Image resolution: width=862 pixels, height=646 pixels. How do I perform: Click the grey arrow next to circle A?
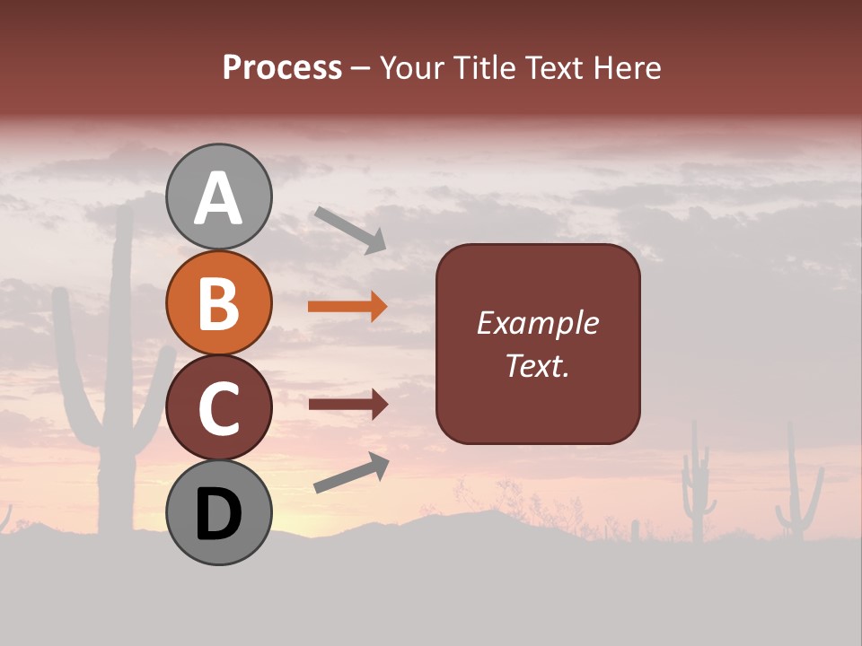point(350,229)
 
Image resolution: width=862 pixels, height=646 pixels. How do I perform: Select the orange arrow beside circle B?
point(347,307)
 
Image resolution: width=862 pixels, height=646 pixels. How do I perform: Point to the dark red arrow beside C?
point(348,404)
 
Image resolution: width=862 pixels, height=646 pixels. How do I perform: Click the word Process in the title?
point(282,68)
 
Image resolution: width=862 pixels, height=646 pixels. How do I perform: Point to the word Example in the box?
point(537,323)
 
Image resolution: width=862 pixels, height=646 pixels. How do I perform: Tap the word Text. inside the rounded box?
point(537,366)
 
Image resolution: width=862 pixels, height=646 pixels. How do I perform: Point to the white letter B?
point(218,303)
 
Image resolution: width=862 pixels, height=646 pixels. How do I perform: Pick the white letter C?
point(218,408)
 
